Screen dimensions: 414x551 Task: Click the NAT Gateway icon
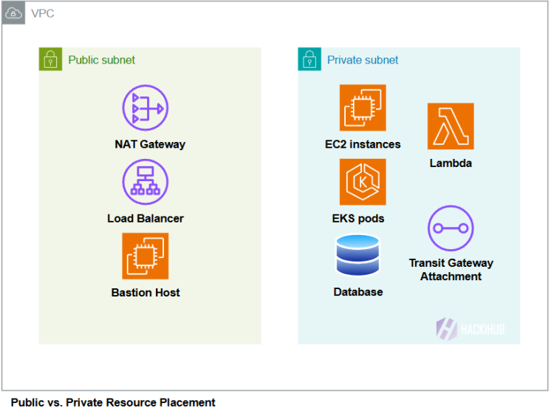tap(146, 109)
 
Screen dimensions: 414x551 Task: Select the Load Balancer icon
tap(146, 182)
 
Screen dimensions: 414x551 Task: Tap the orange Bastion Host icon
tap(146, 256)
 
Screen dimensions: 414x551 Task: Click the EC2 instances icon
tap(363, 108)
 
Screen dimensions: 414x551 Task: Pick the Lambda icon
tap(451, 126)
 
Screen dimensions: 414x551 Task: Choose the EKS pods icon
tap(363, 182)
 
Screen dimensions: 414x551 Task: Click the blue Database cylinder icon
tap(357, 255)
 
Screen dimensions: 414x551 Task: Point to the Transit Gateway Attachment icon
tap(451, 228)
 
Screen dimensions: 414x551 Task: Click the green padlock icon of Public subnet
tap(50, 60)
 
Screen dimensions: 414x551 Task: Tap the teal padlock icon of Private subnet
tap(309, 60)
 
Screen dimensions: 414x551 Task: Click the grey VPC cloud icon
tap(14, 13)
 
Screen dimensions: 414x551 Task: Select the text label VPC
tap(42, 14)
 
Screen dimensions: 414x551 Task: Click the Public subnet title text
tap(102, 60)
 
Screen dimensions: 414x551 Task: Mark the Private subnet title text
tap(363, 60)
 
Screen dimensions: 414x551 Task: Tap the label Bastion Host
tap(146, 293)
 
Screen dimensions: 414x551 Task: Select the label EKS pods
tap(358, 218)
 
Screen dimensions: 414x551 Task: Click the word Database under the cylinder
tap(358, 292)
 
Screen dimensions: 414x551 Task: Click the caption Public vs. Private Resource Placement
tap(113, 402)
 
